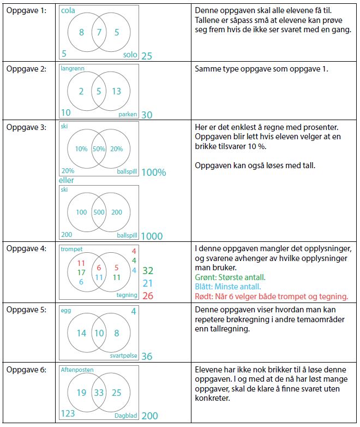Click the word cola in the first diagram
click(68, 11)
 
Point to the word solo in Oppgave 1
click(130, 55)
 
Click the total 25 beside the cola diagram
click(147, 56)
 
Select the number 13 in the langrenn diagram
click(116, 91)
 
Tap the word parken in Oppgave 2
click(128, 115)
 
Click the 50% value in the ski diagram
click(99, 149)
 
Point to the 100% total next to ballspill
click(153, 173)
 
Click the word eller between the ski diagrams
click(67, 180)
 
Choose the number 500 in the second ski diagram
click(99, 212)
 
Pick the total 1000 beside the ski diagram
click(152, 236)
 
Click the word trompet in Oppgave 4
click(71, 249)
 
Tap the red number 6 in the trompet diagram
click(99, 268)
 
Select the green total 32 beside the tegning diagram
click(147, 270)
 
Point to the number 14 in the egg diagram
click(81, 333)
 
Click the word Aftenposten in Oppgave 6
click(77, 370)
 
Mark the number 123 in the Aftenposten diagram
click(68, 413)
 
